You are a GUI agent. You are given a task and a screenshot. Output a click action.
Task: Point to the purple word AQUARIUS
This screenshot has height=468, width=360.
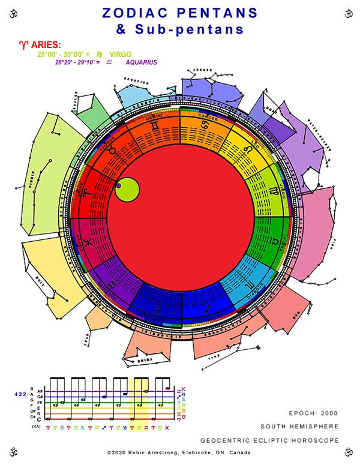pyautogui.click(x=142, y=62)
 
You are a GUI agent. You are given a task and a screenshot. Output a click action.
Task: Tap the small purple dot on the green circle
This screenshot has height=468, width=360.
pyautogui.click(x=119, y=186)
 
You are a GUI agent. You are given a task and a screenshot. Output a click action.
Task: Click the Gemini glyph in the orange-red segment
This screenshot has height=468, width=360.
pyautogui.click(x=155, y=127)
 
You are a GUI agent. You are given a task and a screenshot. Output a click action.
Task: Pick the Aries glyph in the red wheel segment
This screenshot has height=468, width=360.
pyautogui.click(x=87, y=193)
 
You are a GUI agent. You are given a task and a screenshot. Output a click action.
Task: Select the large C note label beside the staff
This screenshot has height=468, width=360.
pyautogui.click(x=40, y=419)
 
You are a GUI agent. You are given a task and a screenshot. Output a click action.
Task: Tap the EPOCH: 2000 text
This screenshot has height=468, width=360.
pyautogui.click(x=313, y=413)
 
